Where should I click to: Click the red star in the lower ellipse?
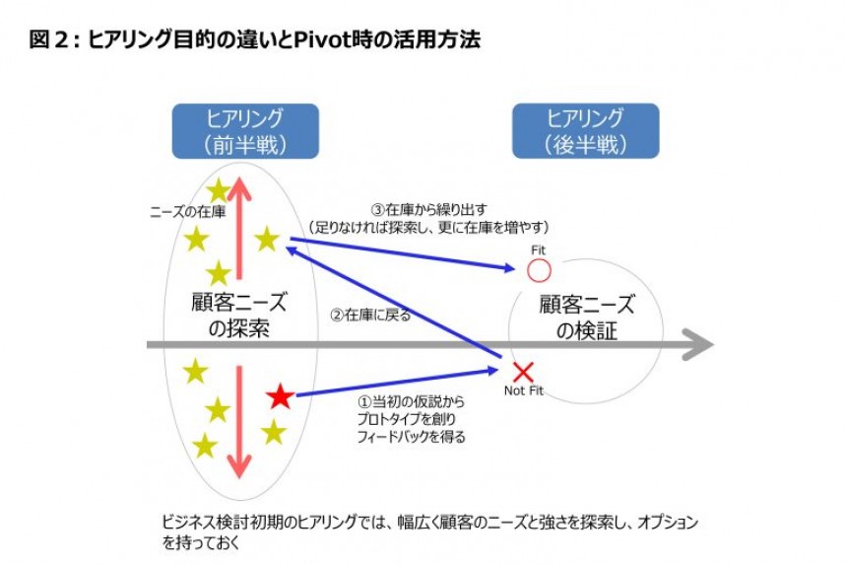click(280, 397)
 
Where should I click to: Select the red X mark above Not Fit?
click(524, 372)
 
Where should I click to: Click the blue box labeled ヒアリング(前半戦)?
click(245, 131)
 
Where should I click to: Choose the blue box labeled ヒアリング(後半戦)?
click(585, 131)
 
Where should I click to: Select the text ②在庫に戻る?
click(369, 317)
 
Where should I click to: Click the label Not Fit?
click(523, 391)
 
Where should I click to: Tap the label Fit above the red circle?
click(538, 250)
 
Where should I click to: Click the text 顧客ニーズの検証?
click(586, 318)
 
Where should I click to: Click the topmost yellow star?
click(218, 189)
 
